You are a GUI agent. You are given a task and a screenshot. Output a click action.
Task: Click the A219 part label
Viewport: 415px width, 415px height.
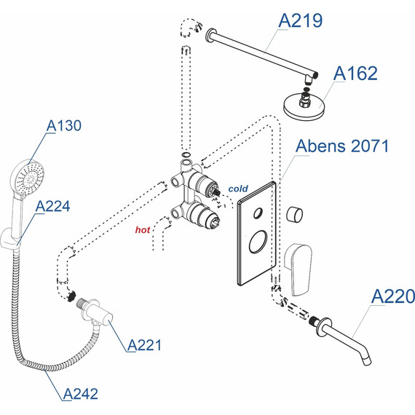click(301, 20)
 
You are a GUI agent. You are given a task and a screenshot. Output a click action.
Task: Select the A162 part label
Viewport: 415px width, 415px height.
click(355, 74)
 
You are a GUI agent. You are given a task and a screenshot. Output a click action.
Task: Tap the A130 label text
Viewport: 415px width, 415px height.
click(64, 125)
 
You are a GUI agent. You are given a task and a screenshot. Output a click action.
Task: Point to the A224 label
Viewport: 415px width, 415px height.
click(53, 206)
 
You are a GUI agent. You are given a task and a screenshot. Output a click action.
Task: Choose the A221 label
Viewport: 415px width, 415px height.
click(144, 345)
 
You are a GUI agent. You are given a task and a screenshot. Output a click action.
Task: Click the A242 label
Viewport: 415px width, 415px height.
click(81, 394)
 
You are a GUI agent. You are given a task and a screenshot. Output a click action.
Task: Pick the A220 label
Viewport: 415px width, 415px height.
click(393, 296)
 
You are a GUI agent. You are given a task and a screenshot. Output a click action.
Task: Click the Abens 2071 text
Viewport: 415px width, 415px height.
click(342, 146)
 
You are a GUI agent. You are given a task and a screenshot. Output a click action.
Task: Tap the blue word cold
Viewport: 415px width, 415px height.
click(238, 189)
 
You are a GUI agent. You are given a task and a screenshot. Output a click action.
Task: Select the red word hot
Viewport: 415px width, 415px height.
click(143, 230)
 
